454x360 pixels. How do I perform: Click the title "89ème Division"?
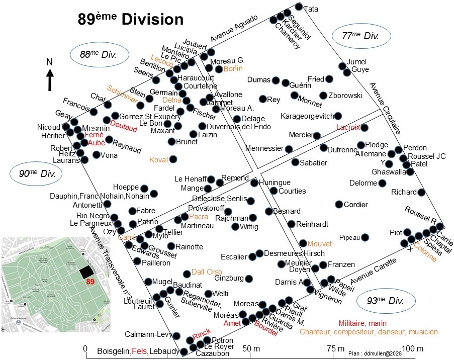[x=131, y=19]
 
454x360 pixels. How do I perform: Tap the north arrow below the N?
[x=50, y=81]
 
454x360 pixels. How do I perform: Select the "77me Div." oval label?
[x=361, y=36]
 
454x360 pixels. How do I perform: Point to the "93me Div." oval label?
[x=386, y=301]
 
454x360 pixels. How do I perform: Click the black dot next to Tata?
[x=299, y=7]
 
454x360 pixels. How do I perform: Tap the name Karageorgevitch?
[x=307, y=116]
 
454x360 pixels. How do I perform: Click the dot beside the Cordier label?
[x=339, y=204]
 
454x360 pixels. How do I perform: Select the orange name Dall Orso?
[x=207, y=272]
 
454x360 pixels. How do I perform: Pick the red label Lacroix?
[x=348, y=127]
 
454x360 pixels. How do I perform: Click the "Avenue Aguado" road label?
[x=234, y=28]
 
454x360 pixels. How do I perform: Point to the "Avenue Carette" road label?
[x=373, y=271]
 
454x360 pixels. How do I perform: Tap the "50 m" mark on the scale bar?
[x=251, y=348]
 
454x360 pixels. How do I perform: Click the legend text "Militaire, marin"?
[x=362, y=323]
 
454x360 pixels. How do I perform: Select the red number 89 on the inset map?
[x=90, y=282]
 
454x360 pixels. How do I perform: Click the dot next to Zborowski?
[x=323, y=96]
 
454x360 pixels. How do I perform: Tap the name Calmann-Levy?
[x=148, y=334]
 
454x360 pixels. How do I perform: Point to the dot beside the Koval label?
[x=173, y=159]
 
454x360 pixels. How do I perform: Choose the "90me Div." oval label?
[x=37, y=173]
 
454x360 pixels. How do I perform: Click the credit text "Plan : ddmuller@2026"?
[x=375, y=353]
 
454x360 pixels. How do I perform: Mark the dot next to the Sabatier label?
[x=295, y=162]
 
